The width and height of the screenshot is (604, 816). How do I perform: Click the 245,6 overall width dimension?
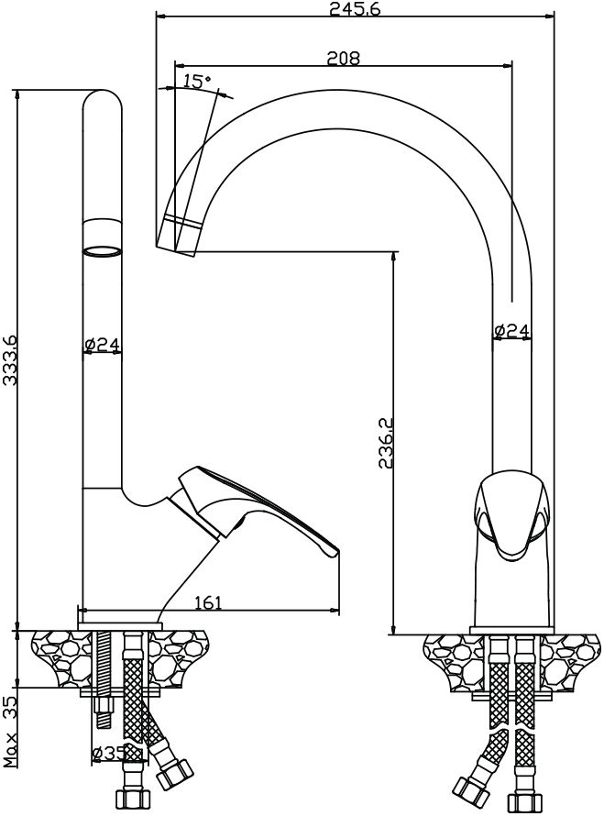click(x=356, y=9)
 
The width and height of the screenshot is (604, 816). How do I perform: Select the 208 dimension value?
click(x=343, y=57)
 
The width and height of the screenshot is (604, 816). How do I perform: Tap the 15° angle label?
click(x=197, y=81)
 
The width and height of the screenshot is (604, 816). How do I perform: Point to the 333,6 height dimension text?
click(x=10, y=360)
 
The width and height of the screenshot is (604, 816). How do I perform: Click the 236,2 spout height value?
click(x=386, y=442)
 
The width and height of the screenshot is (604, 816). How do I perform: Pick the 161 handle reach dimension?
click(x=208, y=602)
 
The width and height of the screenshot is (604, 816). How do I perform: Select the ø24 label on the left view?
click(x=102, y=344)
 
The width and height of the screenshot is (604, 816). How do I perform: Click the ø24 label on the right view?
click(x=512, y=330)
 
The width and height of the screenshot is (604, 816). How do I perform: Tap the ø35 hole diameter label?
click(x=109, y=752)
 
